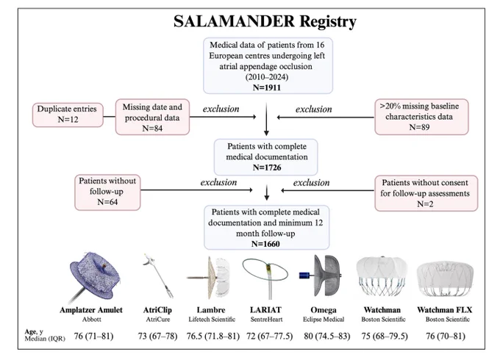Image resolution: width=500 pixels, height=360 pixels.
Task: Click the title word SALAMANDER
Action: coord(234,21)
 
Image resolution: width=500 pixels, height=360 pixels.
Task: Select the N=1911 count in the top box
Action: coord(267,87)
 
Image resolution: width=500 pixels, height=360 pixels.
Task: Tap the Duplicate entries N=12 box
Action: coord(68,115)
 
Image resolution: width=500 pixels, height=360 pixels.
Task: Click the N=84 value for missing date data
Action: coord(152,128)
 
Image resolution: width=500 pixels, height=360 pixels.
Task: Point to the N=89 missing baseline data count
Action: coord(419,127)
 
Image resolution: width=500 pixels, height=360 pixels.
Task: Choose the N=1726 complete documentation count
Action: coord(267,168)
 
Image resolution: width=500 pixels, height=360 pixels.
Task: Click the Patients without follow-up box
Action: coord(107,192)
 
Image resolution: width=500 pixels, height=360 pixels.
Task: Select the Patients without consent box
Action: coord(426,193)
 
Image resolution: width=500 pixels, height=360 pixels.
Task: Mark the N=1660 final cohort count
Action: coord(265,244)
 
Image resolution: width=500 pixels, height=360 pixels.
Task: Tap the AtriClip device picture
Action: coord(158,276)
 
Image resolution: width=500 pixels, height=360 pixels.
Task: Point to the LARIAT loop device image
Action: coord(265,278)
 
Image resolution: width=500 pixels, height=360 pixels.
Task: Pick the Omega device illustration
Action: coord(321,276)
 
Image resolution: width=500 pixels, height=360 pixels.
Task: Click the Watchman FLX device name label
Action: coord(445,309)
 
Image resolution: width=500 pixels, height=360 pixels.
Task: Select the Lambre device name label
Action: coord(211,309)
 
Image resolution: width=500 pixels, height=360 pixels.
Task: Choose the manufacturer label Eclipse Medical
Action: coord(324,319)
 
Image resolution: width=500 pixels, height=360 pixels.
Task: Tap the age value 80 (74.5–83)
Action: coord(327,336)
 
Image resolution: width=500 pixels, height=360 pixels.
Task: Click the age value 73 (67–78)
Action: coord(157,336)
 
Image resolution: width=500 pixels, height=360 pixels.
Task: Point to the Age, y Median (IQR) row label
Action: coord(45,335)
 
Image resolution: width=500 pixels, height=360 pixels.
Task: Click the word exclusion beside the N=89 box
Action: coord(313,109)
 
